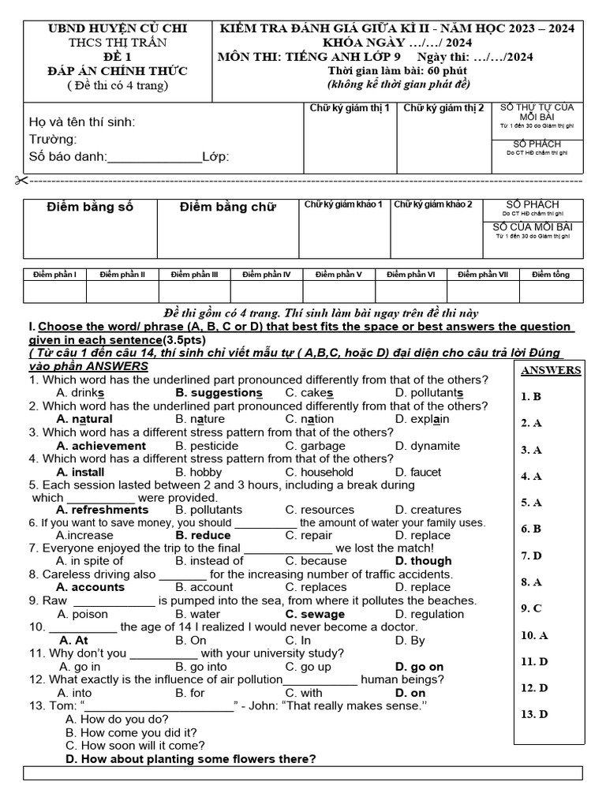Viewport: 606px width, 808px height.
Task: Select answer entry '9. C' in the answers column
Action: point(531,608)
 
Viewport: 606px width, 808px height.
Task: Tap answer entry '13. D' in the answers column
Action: point(534,714)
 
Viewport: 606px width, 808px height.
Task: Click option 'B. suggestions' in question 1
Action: point(219,393)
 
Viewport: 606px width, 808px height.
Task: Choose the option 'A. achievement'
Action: point(101,446)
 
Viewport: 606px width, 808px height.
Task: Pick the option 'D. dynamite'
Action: point(428,446)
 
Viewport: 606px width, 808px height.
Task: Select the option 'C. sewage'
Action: point(315,614)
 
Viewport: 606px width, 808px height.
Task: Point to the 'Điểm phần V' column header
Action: point(339,275)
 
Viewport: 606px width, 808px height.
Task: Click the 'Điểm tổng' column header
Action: point(550,275)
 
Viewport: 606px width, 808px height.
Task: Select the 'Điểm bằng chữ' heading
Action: point(228,208)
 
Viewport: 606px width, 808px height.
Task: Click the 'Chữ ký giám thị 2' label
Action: point(443,108)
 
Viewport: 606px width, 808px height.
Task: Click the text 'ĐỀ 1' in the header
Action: point(117,58)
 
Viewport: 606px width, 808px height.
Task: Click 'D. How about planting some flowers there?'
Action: point(191,759)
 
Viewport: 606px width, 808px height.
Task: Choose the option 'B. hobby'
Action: point(199,472)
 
